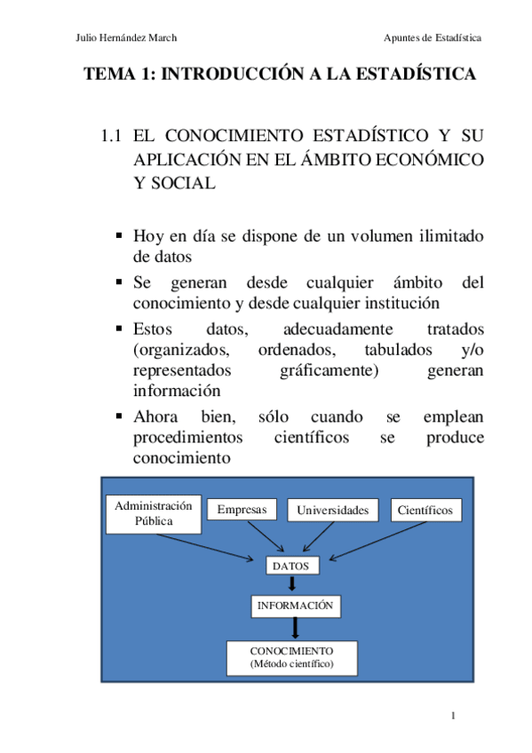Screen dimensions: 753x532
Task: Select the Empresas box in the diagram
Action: (x=242, y=510)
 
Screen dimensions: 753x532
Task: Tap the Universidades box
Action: (x=333, y=511)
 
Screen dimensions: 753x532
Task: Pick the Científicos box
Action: (x=425, y=511)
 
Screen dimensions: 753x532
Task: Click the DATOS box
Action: (x=290, y=565)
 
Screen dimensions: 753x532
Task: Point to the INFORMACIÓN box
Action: (x=296, y=606)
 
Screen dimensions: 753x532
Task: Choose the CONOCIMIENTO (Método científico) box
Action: (x=291, y=658)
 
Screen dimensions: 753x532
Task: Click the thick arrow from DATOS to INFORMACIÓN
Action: (x=292, y=584)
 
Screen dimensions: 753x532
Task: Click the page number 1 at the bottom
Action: (x=453, y=716)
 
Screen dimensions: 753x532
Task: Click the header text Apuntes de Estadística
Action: (x=433, y=37)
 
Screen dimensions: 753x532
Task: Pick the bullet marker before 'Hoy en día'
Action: (x=119, y=236)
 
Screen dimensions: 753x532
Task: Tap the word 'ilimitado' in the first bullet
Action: (x=449, y=237)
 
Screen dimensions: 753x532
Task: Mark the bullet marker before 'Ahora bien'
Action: (x=119, y=417)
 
